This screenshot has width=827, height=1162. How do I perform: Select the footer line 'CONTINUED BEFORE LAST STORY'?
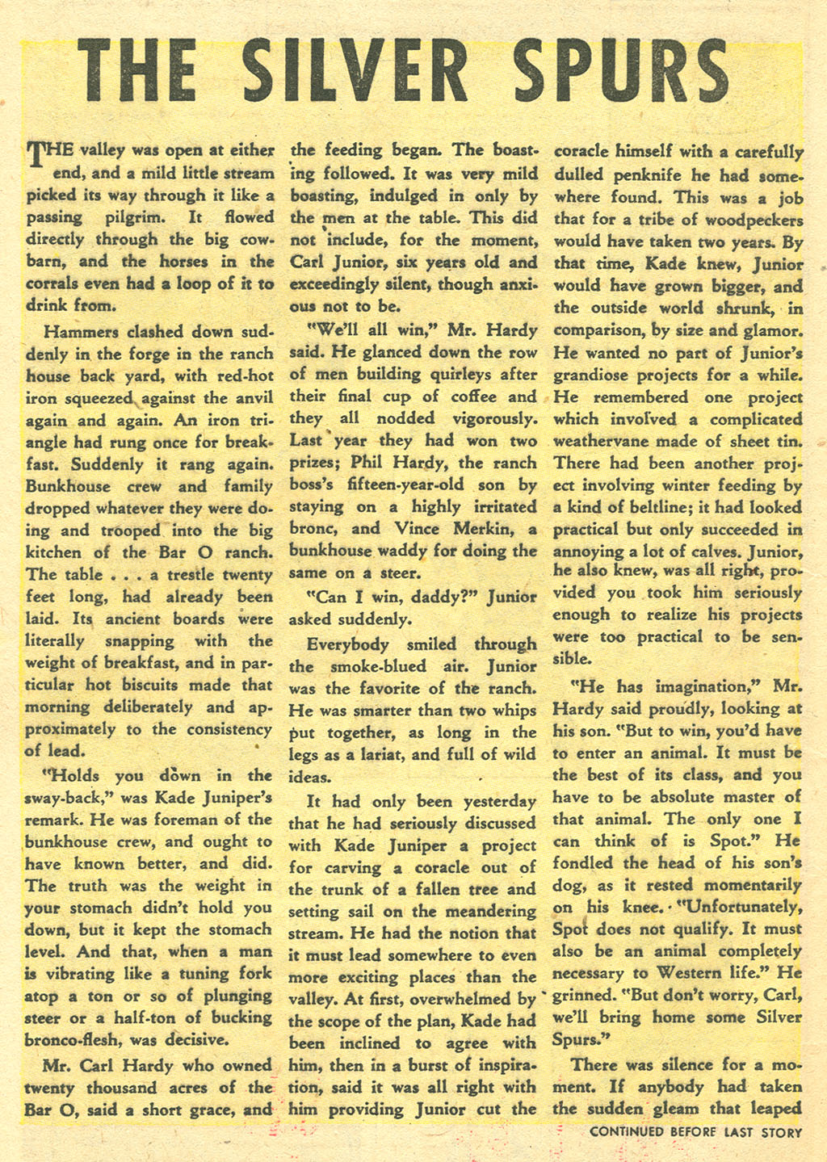pyautogui.click(x=695, y=1131)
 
